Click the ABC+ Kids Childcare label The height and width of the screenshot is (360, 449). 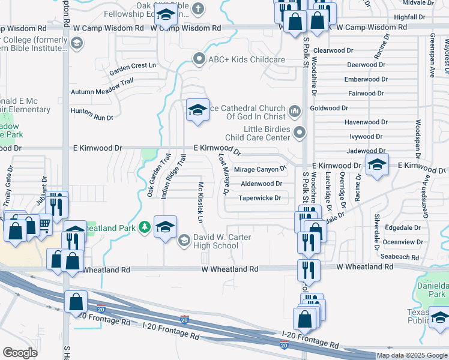[246, 59]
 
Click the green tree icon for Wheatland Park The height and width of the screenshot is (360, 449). [144, 227]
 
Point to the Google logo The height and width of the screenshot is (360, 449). [20, 352]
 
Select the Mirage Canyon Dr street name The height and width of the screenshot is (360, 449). [261, 170]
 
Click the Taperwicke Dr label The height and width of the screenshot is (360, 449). [260, 198]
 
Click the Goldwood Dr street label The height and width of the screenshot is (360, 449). [330, 108]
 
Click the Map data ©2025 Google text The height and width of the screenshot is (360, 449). [411, 355]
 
